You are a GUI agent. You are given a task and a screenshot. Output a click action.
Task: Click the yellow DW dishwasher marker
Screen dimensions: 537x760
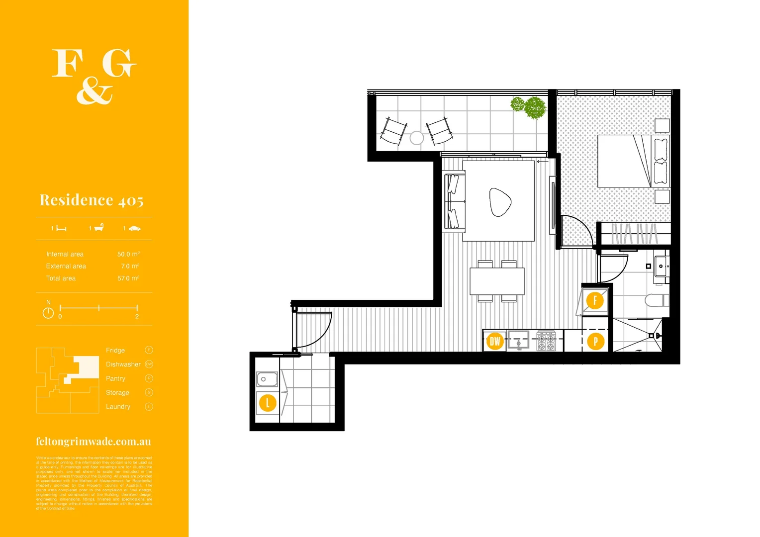494,341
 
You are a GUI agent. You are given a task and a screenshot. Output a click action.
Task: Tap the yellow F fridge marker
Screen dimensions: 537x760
595,301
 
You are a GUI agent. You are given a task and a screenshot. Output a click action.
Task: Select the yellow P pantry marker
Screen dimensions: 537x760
595,342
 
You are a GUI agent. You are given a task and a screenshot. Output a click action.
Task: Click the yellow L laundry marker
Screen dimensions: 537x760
268,403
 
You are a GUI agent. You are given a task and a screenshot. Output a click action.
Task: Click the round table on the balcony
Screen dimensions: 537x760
417,138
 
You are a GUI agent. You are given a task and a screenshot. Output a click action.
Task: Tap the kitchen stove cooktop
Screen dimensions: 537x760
546,341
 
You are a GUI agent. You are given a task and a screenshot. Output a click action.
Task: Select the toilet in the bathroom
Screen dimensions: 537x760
656,300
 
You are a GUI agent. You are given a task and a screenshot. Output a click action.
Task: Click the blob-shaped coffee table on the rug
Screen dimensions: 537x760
500,202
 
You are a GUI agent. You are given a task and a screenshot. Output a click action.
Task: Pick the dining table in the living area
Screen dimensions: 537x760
497,281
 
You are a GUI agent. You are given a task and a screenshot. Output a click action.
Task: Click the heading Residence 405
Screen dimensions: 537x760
92,200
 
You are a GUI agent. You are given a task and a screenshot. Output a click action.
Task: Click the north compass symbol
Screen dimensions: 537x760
48,313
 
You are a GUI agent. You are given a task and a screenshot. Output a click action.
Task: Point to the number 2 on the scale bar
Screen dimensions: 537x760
137,317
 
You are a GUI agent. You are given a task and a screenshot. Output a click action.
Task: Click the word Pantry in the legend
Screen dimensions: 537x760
115,379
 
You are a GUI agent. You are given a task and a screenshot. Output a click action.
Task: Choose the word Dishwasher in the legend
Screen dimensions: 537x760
123,364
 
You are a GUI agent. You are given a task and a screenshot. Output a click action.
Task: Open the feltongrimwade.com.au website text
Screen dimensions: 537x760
94,442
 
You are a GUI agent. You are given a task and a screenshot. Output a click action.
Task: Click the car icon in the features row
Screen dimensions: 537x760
134,228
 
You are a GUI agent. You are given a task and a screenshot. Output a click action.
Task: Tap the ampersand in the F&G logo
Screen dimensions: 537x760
94,92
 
